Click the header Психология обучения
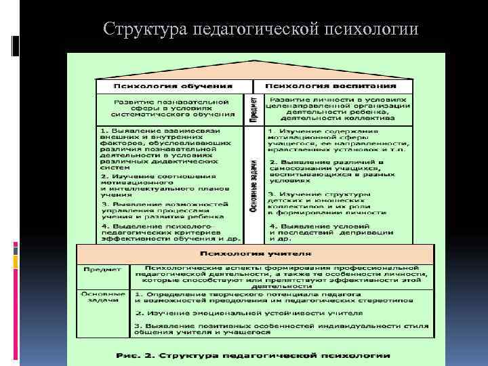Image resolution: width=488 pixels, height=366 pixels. point(173,86)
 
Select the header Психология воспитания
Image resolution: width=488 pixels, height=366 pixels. point(330,86)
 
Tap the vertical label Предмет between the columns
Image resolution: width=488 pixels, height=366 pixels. point(253,109)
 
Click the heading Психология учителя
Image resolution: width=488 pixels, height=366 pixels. point(255,253)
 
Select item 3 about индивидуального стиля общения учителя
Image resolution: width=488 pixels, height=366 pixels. point(281,329)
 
